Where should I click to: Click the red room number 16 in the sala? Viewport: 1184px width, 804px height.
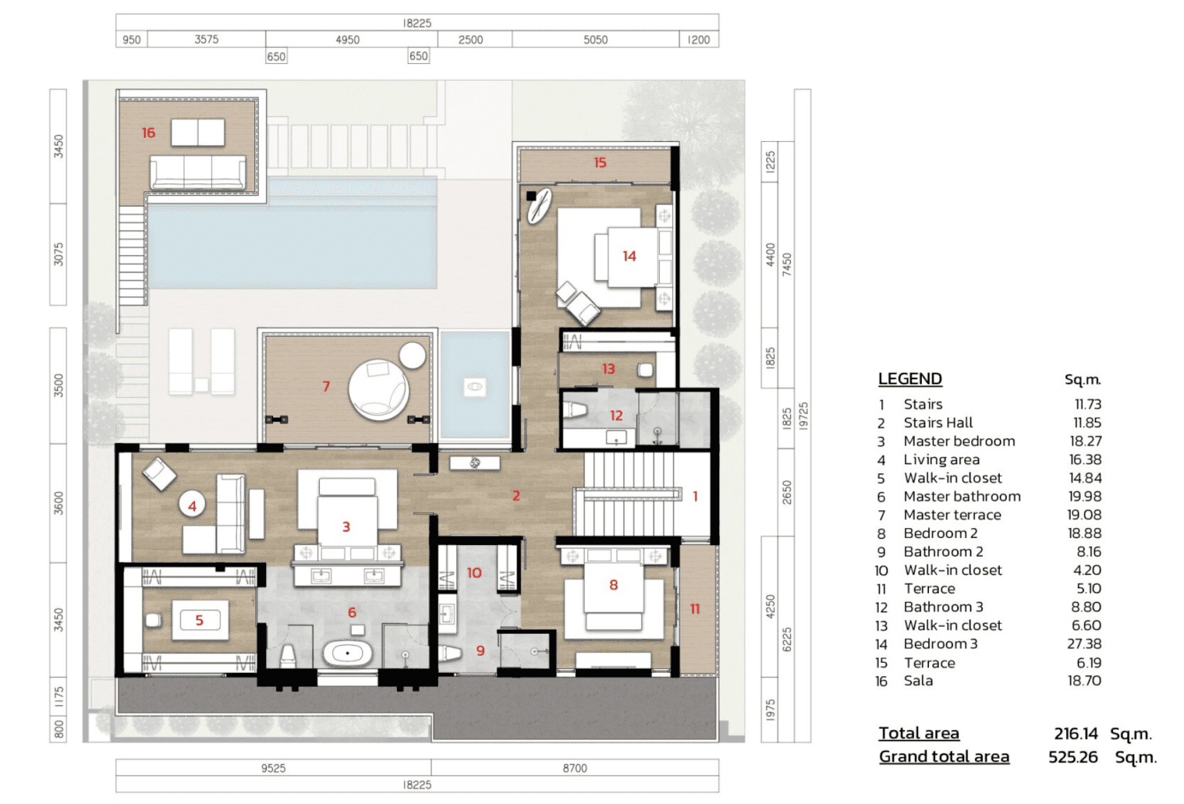(149, 133)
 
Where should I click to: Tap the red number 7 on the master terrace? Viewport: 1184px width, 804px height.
(326, 386)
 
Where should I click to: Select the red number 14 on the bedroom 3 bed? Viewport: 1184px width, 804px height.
(629, 257)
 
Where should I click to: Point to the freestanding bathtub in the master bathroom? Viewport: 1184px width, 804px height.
(348, 654)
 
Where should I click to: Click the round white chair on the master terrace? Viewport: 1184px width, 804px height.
(378, 390)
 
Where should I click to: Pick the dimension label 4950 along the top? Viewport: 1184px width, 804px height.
(348, 39)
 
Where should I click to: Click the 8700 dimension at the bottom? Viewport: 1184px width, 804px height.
(574, 768)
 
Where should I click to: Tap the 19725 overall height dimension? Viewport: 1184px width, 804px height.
(803, 416)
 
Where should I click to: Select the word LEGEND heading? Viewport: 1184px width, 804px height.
(910, 379)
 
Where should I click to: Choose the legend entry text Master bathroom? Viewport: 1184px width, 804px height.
(962, 496)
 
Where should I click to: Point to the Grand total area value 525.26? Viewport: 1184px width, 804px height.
(1073, 757)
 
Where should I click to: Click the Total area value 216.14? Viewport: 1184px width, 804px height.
(1075, 734)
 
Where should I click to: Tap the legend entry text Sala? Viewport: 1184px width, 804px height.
(918, 681)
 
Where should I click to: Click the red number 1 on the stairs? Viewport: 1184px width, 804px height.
(695, 496)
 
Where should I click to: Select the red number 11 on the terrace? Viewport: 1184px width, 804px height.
(695, 609)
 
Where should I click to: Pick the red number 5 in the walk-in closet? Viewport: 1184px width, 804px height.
(200, 620)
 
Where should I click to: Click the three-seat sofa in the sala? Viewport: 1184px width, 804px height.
(197, 172)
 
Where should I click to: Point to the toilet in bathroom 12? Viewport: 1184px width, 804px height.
(575, 409)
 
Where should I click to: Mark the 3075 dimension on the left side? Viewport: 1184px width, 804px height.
(58, 254)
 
